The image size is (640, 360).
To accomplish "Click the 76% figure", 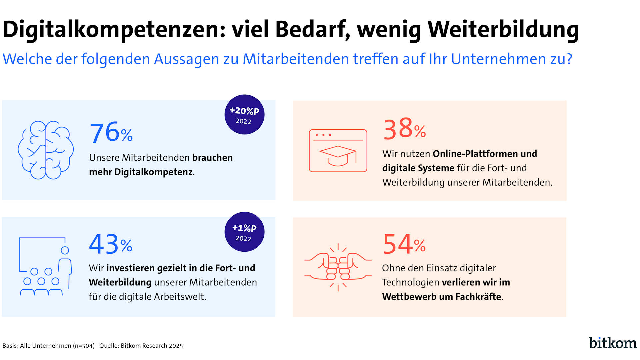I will coord(111,133).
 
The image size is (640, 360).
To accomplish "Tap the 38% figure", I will coord(404,129).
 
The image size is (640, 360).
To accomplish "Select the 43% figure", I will coord(110,244).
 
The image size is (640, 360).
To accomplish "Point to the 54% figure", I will coord(404,244).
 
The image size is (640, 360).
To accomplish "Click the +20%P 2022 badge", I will coord(244,115).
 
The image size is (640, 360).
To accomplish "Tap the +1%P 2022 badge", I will coord(244,232).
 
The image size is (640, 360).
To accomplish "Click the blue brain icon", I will coord(46,150).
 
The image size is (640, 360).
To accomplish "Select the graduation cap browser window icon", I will coord(338,151).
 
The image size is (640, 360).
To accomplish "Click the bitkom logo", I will coord(613,343).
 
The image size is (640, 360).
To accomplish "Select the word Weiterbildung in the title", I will coord(503,30).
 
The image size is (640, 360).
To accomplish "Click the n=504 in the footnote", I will coord(83,346).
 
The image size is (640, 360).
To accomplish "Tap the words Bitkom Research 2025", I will coord(152,346).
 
